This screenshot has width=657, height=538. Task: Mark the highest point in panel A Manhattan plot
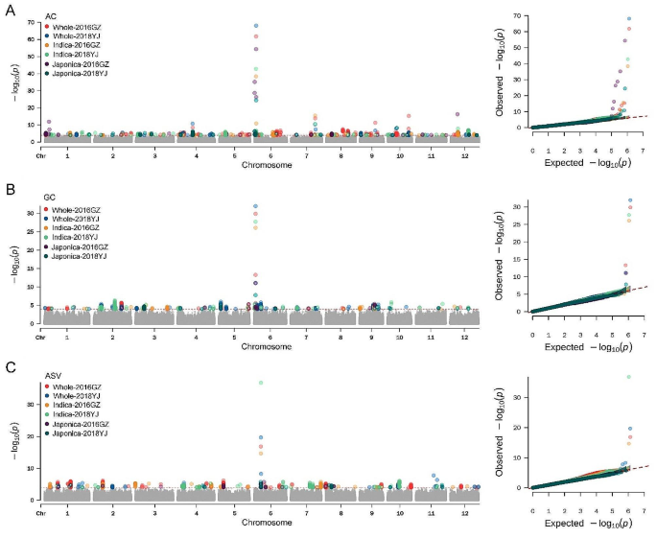[x=255, y=26]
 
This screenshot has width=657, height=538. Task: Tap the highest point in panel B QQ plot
[x=630, y=200]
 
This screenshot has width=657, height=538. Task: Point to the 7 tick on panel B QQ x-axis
[x=644, y=322]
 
